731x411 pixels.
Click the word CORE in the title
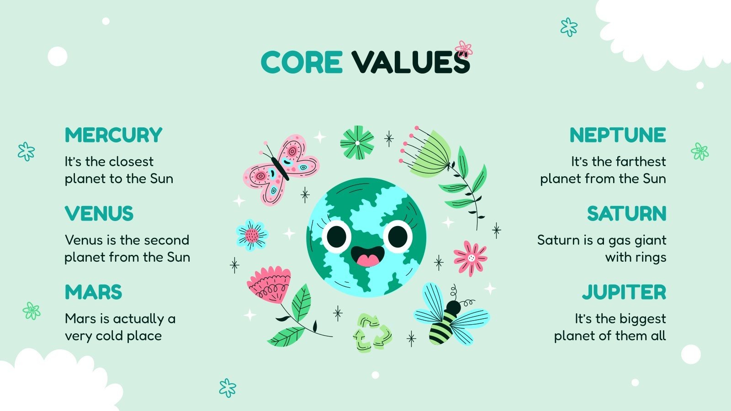(x=302, y=62)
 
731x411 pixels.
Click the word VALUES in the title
(x=410, y=62)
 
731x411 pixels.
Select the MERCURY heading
(x=113, y=135)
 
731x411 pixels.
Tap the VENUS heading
(x=99, y=214)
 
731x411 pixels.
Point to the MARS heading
(x=93, y=292)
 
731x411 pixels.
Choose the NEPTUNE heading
(x=618, y=135)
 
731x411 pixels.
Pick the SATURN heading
(x=626, y=214)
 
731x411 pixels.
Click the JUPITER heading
(x=624, y=292)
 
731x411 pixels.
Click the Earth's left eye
(x=337, y=236)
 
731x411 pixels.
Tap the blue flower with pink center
(x=252, y=235)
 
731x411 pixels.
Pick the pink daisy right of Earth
(x=470, y=258)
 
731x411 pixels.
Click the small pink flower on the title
(x=464, y=48)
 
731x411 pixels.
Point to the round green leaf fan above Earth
(x=357, y=142)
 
